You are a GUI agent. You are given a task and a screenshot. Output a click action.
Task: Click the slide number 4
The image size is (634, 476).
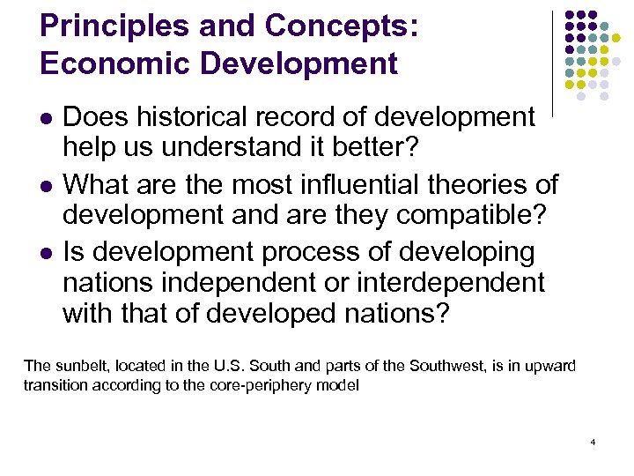point(593,441)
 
